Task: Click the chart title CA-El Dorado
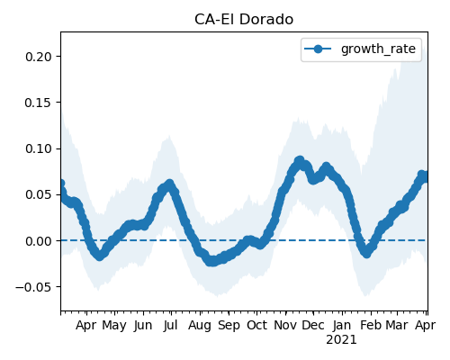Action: tap(244, 20)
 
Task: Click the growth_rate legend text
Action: tap(378, 49)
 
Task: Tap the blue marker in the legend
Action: tap(318, 49)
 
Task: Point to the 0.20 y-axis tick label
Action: tap(39, 57)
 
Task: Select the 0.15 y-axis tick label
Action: tap(39, 103)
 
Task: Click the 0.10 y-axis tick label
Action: tap(39, 148)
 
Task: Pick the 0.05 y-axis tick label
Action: tap(39, 194)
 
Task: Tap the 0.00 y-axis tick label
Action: tap(39, 241)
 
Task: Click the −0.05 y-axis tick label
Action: tap(34, 287)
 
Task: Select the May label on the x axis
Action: tap(114, 326)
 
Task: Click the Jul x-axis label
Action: tap(171, 325)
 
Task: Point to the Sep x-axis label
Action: tap(229, 326)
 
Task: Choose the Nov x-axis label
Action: tap(285, 325)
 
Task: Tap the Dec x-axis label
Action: tap(313, 325)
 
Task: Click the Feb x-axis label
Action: tap(371, 325)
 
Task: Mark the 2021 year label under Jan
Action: tap(341, 340)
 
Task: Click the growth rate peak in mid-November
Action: tap(300, 160)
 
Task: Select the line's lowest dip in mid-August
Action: tap(211, 261)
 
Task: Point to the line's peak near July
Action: tap(170, 184)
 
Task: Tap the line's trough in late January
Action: tap(366, 253)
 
